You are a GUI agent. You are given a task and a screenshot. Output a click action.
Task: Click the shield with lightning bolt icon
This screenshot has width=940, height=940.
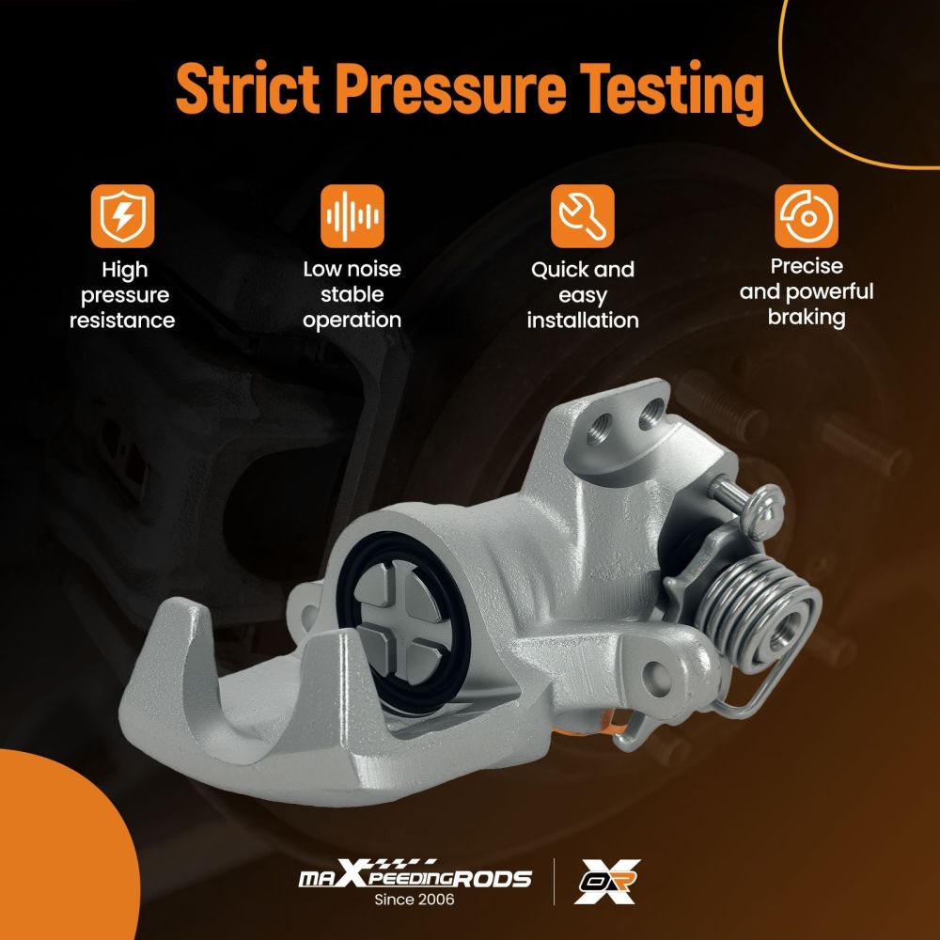click(x=123, y=216)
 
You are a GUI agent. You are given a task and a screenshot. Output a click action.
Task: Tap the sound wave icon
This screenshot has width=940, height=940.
click(x=352, y=216)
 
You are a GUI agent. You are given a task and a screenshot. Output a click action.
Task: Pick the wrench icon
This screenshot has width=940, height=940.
click(x=583, y=216)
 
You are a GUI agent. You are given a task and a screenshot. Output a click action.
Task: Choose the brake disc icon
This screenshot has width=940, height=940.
click(x=807, y=216)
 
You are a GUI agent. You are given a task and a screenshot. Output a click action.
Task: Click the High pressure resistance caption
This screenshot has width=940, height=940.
click(x=123, y=295)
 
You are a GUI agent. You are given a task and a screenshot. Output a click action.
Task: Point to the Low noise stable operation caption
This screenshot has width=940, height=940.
click(x=352, y=294)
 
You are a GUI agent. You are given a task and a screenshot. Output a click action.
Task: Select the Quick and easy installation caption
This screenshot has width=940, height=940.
click(x=583, y=295)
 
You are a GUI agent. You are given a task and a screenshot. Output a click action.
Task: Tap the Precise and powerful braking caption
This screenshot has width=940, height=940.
click(x=807, y=291)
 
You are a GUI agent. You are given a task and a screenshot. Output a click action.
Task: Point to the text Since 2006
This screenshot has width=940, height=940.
click(x=415, y=900)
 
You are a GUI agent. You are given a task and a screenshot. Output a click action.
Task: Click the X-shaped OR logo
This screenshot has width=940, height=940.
click(x=607, y=881)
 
